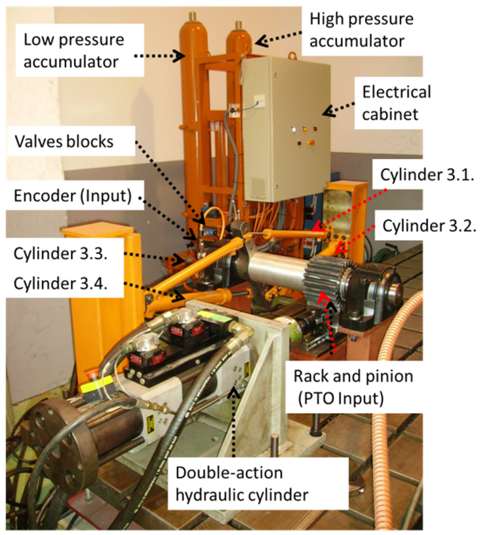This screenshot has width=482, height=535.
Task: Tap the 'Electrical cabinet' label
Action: tap(396, 103)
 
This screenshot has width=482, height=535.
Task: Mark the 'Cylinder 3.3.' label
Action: tap(60, 255)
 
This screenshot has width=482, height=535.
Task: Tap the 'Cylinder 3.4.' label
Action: tap(60, 284)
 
